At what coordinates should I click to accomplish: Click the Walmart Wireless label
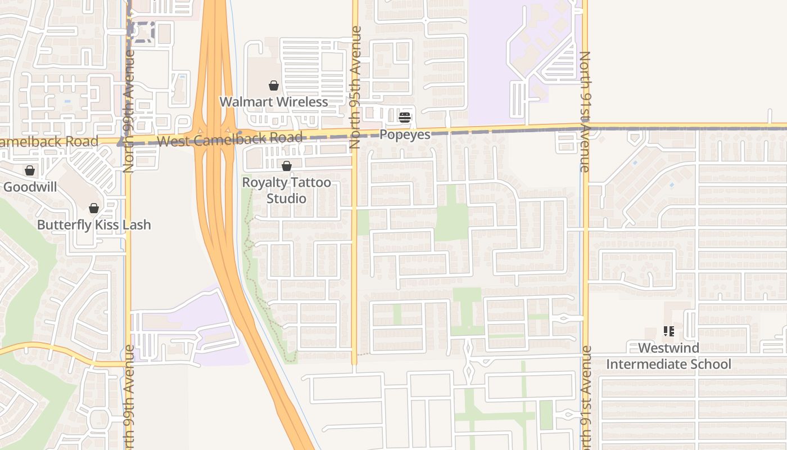[x=273, y=102]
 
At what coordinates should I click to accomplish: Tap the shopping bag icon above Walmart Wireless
[x=274, y=85]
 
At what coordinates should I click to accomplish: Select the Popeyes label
[x=405, y=134]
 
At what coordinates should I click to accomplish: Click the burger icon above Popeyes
[x=405, y=118]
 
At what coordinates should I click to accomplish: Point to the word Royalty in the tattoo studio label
[x=264, y=183]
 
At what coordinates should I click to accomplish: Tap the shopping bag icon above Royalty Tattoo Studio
[x=287, y=166]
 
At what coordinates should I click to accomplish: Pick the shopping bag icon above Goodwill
[x=30, y=170]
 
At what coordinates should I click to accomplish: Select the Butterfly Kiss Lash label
[x=94, y=225]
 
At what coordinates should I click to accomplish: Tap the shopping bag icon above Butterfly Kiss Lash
[x=94, y=208]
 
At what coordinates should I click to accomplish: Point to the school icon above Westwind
[x=668, y=331]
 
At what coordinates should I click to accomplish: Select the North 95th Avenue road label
[x=355, y=87]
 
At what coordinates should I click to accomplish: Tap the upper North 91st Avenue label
[x=585, y=111]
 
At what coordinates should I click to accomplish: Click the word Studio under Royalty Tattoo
[x=287, y=199]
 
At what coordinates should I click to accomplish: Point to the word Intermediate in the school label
[x=668, y=364]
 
